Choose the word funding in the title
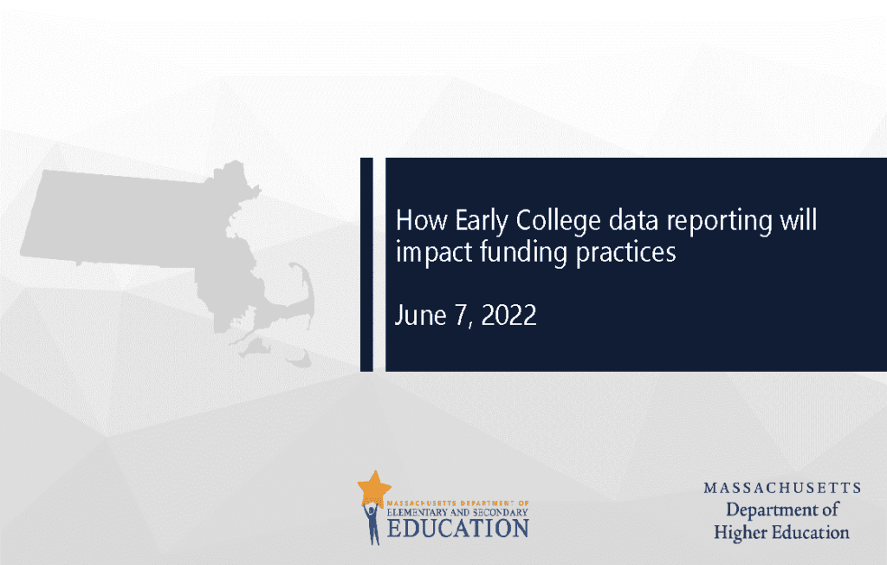point(523,252)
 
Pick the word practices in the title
point(625,252)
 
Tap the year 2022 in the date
point(508,315)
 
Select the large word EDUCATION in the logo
point(458,529)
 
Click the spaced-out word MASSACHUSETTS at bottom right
point(782,488)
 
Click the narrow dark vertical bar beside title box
point(366,264)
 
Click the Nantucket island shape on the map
point(299,359)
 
